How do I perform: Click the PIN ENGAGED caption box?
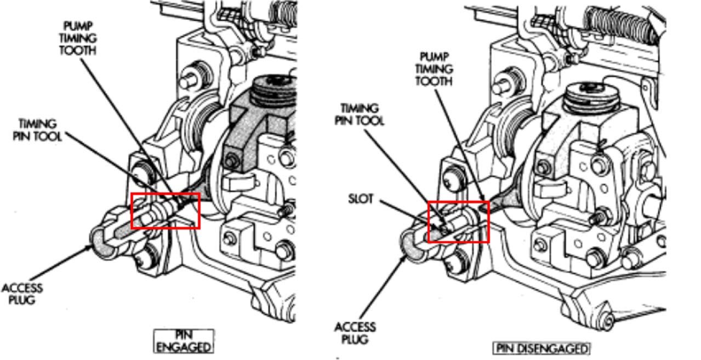tap(184, 341)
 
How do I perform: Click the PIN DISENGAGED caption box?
tap(541, 348)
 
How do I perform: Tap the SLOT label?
tap(361, 199)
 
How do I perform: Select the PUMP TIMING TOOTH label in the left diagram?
tap(78, 38)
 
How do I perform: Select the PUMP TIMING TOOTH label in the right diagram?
tap(434, 69)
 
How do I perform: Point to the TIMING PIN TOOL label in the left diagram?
tap(37, 130)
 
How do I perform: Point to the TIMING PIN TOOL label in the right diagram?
tap(359, 115)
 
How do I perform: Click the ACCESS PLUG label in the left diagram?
tap(22, 294)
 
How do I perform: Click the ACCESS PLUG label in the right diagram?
tap(355, 333)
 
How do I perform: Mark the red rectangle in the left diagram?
tap(165, 193)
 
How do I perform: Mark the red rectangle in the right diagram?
tap(458, 202)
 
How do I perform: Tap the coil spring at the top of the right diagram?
tap(623, 26)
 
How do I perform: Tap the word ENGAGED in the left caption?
tap(184, 347)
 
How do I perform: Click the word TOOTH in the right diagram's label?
tap(434, 81)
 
